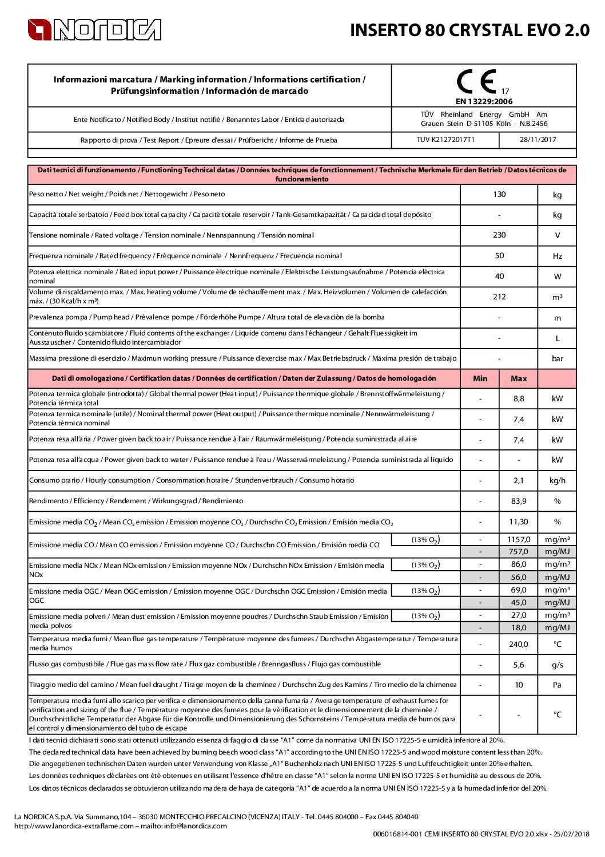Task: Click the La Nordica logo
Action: (94, 30)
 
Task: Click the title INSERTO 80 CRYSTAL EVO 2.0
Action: (469, 30)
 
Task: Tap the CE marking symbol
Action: (476, 82)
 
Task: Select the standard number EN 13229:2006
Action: (484, 101)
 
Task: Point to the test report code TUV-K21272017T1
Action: (445, 140)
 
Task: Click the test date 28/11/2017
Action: (538, 140)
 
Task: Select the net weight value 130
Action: (499, 195)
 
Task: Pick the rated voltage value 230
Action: (499, 235)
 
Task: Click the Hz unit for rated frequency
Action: (557, 256)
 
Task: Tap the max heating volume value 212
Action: (499, 297)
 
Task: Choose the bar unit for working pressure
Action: (557, 359)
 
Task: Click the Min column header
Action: (480, 379)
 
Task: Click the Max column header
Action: (519, 379)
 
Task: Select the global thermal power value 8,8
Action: (519, 399)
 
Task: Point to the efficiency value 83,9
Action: (519, 501)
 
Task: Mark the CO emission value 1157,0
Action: (519, 540)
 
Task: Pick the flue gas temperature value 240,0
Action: (519, 645)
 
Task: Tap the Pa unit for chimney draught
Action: (557, 685)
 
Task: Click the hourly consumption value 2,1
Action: (519, 481)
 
